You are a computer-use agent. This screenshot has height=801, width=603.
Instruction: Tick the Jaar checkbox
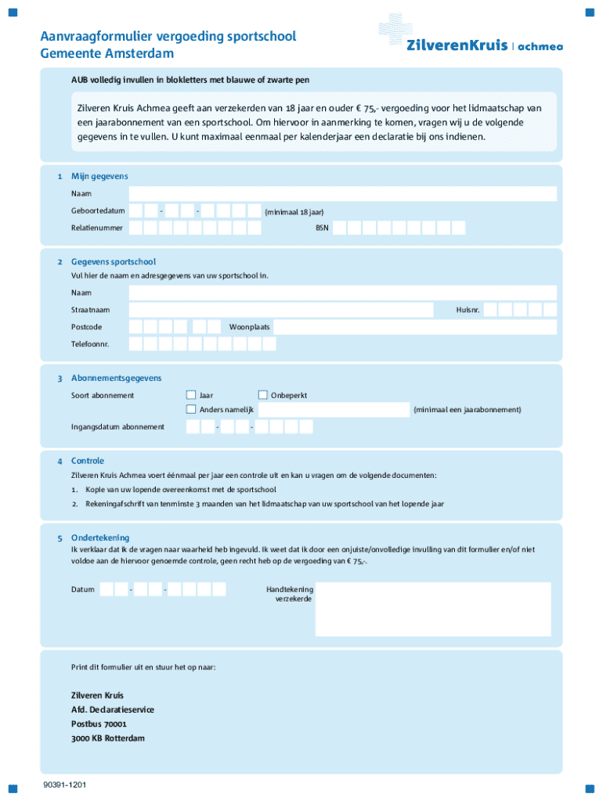click(x=190, y=395)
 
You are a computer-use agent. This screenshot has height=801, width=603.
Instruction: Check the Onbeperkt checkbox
click(x=263, y=395)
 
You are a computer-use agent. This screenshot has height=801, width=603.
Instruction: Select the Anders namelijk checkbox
click(x=190, y=409)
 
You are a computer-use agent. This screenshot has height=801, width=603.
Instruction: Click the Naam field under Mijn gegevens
click(x=342, y=193)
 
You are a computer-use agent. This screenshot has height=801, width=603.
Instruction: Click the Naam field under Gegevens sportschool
click(x=342, y=293)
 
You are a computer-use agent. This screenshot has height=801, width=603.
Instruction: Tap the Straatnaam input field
click(x=280, y=310)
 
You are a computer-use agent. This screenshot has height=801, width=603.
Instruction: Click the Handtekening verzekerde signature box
click(x=435, y=609)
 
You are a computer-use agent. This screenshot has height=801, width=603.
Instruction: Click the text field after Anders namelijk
click(x=333, y=410)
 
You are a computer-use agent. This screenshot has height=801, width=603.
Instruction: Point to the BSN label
click(x=322, y=228)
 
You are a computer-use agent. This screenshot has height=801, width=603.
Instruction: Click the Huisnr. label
click(x=468, y=310)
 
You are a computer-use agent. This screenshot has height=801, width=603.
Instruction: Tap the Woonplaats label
click(x=250, y=326)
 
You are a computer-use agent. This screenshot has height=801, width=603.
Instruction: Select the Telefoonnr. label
click(x=90, y=344)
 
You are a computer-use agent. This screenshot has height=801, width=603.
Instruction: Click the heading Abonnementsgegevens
click(x=116, y=378)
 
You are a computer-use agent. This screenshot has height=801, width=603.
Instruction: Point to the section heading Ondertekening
click(x=100, y=537)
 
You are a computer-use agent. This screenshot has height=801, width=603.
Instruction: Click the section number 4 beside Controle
click(x=60, y=461)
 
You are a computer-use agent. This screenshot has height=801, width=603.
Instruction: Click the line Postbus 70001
click(x=99, y=724)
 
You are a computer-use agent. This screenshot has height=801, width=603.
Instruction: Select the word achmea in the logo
click(x=540, y=45)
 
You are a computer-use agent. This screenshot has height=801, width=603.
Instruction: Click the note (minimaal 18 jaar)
click(x=294, y=212)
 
